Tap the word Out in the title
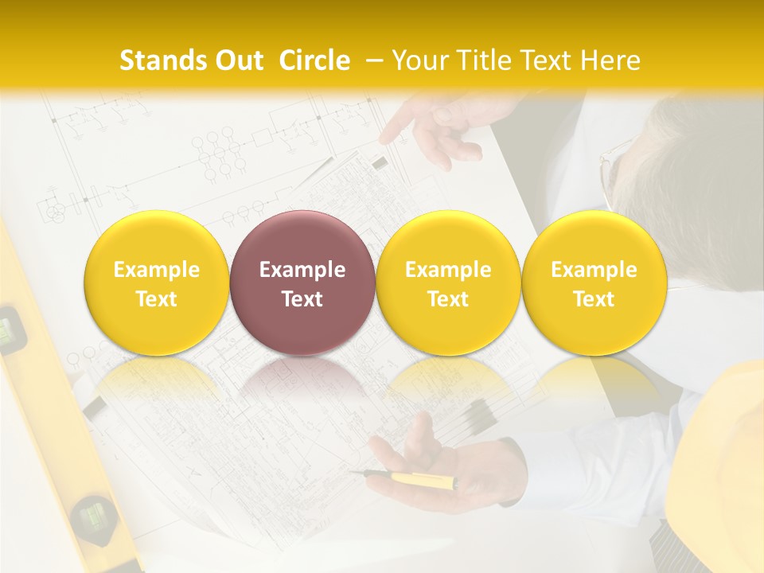(x=236, y=60)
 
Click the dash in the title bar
(x=374, y=60)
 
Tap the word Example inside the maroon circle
(x=302, y=270)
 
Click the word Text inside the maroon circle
(x=302, y=299)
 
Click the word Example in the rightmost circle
(x=594, y=270)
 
